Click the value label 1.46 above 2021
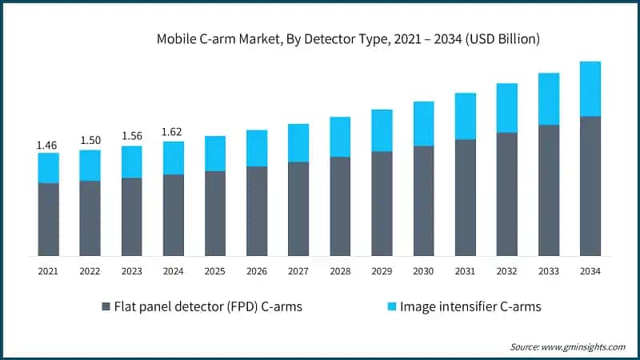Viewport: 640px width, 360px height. click(x=48, y=145)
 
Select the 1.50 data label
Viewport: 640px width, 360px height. click(x=90, y=141)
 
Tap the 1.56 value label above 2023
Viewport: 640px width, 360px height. click(x=131, y=137)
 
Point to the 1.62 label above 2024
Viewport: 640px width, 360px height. click(x=173, y=132)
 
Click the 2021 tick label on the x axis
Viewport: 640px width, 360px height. click(x=48, y=272)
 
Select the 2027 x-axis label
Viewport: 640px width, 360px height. click(x=298, y=272)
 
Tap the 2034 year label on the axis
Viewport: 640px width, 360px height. click(x=590, y=272)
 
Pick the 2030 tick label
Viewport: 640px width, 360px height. click(x=423, y=272)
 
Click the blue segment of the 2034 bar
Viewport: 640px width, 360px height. click(x=590, y=89)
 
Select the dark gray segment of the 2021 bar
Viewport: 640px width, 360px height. click(x=48, y=219)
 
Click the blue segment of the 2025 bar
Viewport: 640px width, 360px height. click(x=215, y=154)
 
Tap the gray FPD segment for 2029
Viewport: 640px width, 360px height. click(x=382, y=203)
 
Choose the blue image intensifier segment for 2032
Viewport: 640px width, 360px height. click(x=506, y=108)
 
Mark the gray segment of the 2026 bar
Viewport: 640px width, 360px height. click(x=257, y=211)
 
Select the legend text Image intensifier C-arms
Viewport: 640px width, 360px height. click(x=463, y=306)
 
